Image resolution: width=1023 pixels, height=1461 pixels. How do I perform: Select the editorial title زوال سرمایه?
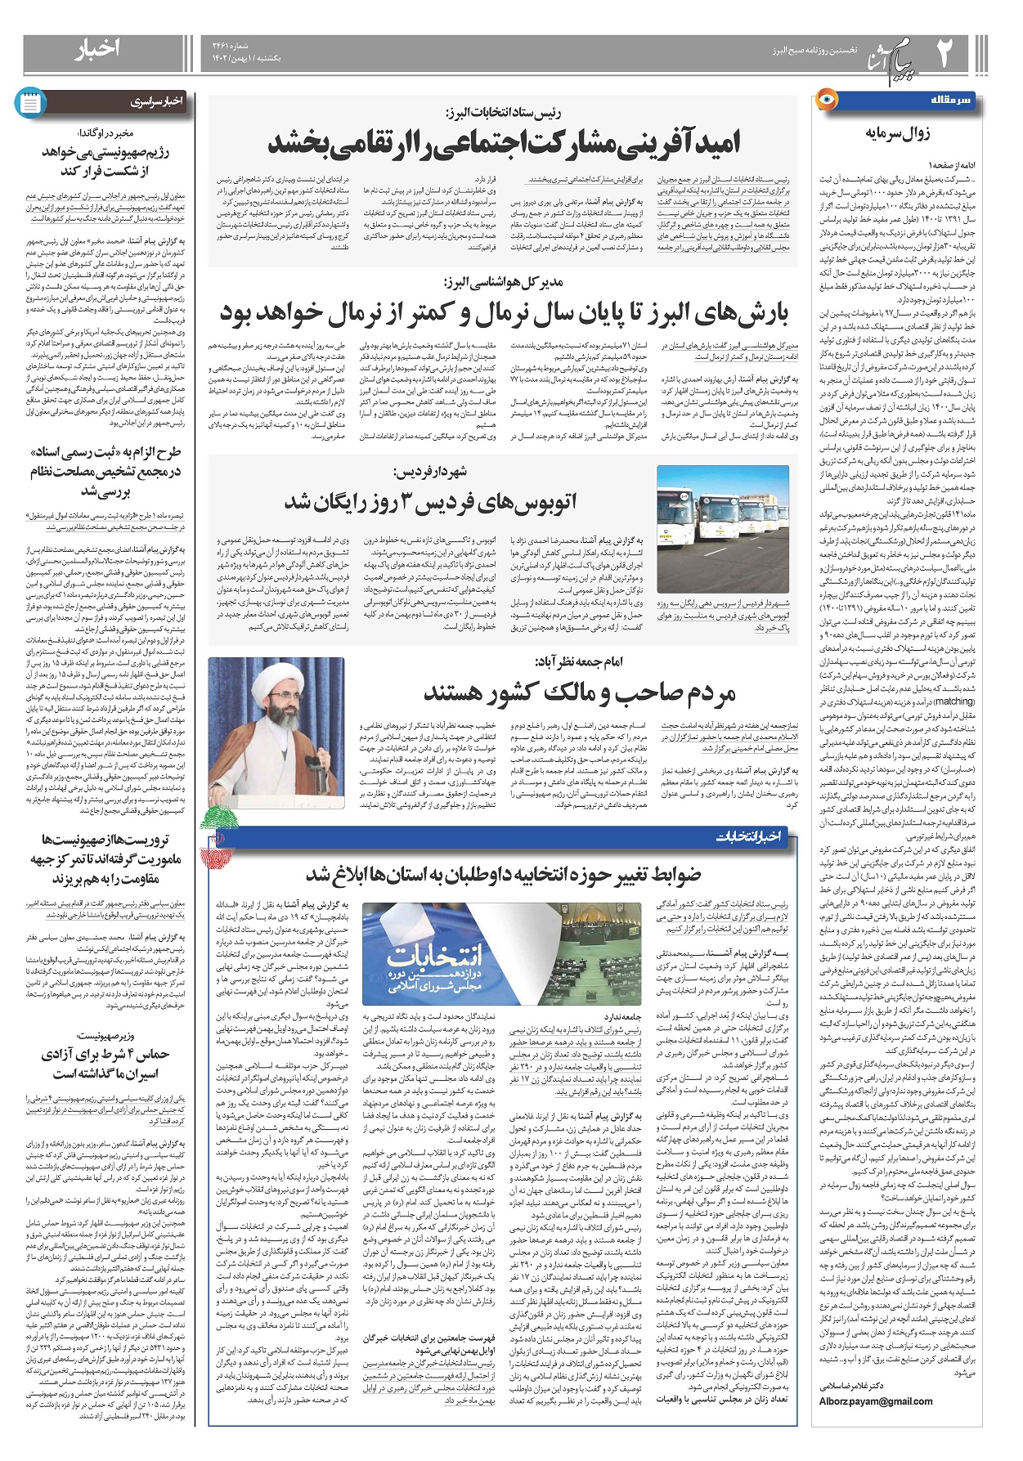pyautogui.click(x=897, y=133)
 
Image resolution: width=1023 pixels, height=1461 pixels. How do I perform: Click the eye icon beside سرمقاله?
pyautogui.click(x=827, y=101)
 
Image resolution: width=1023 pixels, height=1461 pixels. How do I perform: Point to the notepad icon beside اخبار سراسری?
pyautogui.click(x=32, y=102)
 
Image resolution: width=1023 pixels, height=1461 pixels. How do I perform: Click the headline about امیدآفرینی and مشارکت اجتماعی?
pyautogui.click(x=504, y=143)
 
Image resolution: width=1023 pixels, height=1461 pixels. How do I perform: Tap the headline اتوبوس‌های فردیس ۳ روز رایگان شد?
pyautogui.click(x=431, y=501)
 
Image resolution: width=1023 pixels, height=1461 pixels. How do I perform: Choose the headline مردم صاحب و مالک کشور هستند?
pyautogui.click(x=580, y=693)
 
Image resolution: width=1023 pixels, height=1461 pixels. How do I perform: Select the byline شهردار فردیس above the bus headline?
pyautogui.click(x=430, y=473)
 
